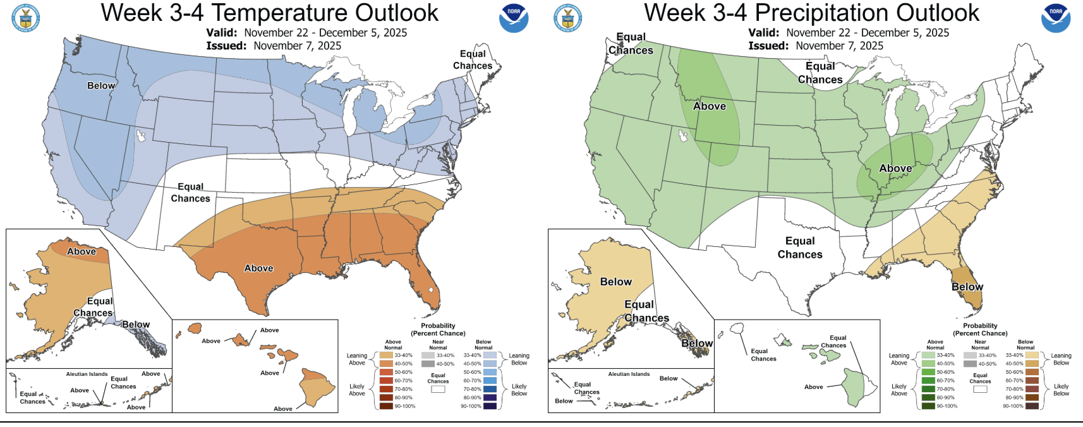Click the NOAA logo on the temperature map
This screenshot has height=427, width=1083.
coord(513,18)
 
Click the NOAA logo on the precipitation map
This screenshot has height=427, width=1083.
coord(1055,18)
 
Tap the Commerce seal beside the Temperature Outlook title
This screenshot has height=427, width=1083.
coord(26,18)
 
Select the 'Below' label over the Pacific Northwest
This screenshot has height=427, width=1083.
coord(101,85)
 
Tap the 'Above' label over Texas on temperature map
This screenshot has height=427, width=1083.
coord(258,268)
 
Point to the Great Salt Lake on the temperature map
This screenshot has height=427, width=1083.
coord(140,135)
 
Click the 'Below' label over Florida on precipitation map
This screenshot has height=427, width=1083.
coord(967,287)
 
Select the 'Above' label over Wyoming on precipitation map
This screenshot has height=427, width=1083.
coord(709,107)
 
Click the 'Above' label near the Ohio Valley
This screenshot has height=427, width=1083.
coord(895,169)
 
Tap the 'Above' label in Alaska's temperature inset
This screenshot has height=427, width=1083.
coord(82,251)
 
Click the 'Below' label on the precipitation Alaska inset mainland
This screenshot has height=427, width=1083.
coord(615,282)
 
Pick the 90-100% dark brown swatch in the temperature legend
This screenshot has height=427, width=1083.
coord(386,406)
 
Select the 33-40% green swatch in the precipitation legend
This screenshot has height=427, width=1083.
coord(928,356)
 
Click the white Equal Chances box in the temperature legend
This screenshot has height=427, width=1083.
coord(438,389)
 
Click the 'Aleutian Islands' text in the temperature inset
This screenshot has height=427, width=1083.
coord(87,374)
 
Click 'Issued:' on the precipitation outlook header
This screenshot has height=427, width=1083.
coord(768,45)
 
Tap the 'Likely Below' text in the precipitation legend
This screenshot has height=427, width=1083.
coord(1061,390)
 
